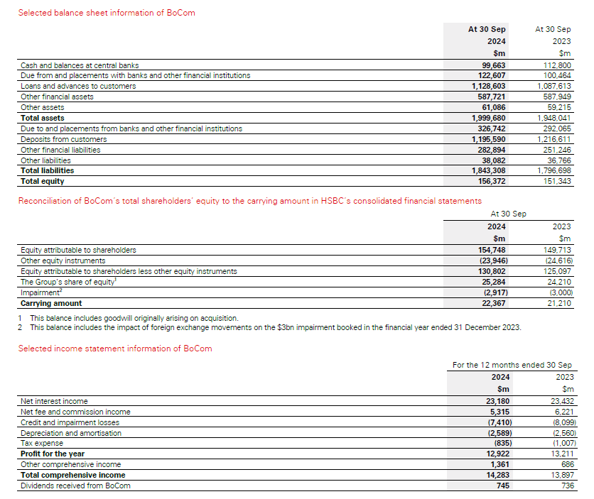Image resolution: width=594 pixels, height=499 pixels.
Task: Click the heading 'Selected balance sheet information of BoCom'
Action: (107, 13)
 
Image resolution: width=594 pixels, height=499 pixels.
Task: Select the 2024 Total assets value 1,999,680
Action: (490, 118)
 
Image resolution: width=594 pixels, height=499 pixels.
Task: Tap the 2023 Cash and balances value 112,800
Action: (557, 65)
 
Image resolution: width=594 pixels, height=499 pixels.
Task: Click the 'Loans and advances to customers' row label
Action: (78, 86)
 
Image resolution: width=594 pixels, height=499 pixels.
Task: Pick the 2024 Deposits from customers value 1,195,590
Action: (490, 139)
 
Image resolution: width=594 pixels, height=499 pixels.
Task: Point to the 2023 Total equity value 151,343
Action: (557, 181)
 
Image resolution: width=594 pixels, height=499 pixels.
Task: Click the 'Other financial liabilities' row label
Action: (60, 150)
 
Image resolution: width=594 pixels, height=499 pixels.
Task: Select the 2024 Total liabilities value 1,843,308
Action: (490, 170)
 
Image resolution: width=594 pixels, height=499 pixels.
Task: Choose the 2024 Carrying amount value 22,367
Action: (494, 303)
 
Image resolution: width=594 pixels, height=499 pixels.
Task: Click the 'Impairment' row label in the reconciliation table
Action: (41, 292)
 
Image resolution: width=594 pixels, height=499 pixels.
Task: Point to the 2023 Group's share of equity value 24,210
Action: (558, 282)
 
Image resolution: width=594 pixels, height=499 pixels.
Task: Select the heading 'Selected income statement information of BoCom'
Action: (115, 349)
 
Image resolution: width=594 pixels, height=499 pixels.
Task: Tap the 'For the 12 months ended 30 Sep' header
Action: (512, 365)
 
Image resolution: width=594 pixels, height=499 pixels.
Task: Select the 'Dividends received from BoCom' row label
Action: (75, 486)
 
